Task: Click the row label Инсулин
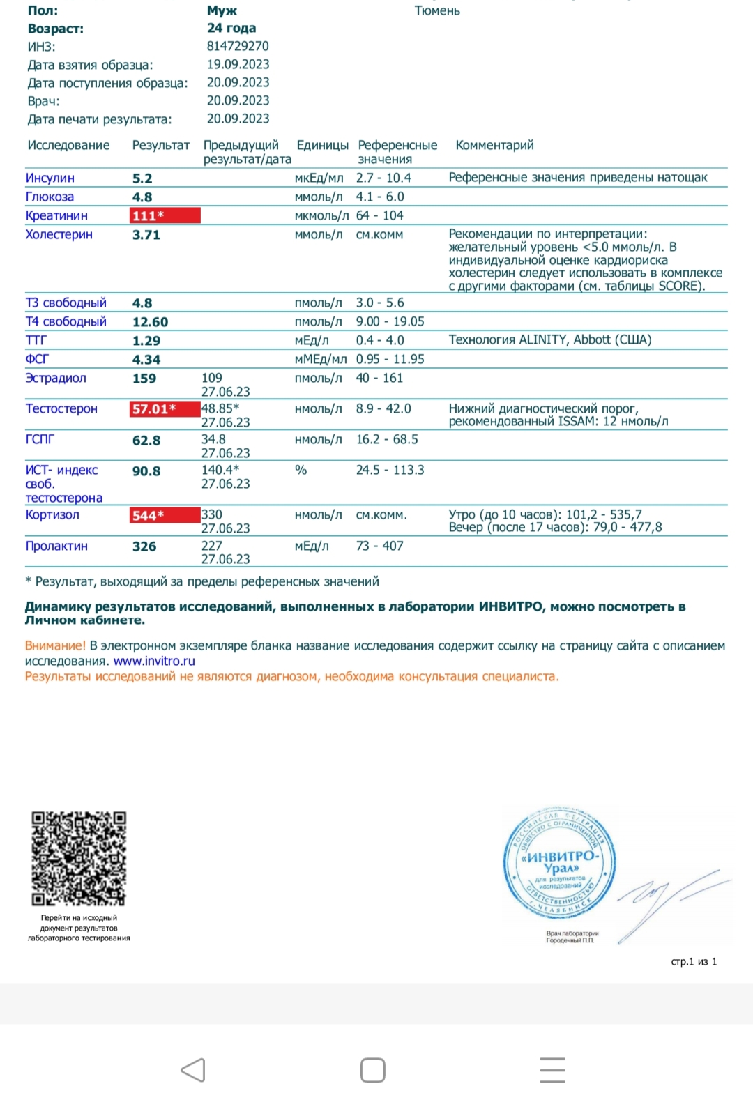[x=50, y=178]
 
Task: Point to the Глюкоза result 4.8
[x=142, y=197]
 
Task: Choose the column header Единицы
[x=322, y=145]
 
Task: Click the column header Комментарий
[x=494, y=145]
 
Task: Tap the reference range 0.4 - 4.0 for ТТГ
[x=380, y=340]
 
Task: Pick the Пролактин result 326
[x=144, y=546]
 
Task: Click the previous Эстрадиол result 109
[x=212, y=378]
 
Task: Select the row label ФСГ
[x=37, y=359]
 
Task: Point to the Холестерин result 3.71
[x=146, y=235]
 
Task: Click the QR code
[x=79, y=858]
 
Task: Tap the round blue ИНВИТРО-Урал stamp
[x=560, y=863]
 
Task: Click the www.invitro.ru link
[x=154, y=661]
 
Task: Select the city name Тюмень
[x=437, y=10]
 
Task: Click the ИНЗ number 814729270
[x=238, y=46]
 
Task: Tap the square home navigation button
[x=373, y=1070]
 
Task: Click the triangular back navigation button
[x=193, y=1070]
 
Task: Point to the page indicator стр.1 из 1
[x=694, y=961]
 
